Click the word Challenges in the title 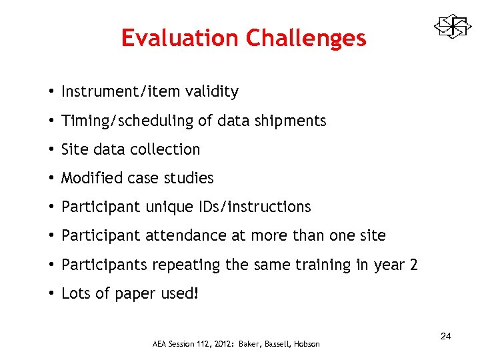click(x=305, y=38)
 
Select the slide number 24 click(x=445, y=336)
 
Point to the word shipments click(x=293, y=121)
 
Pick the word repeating click(x=187, y=265)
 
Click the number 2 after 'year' click(x=414, y=265)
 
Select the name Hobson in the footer click(x=305, y=344)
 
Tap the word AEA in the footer click(x=160, y=344)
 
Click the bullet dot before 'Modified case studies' click(x=51, y=179)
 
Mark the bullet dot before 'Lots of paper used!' click(x=51, y=294)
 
